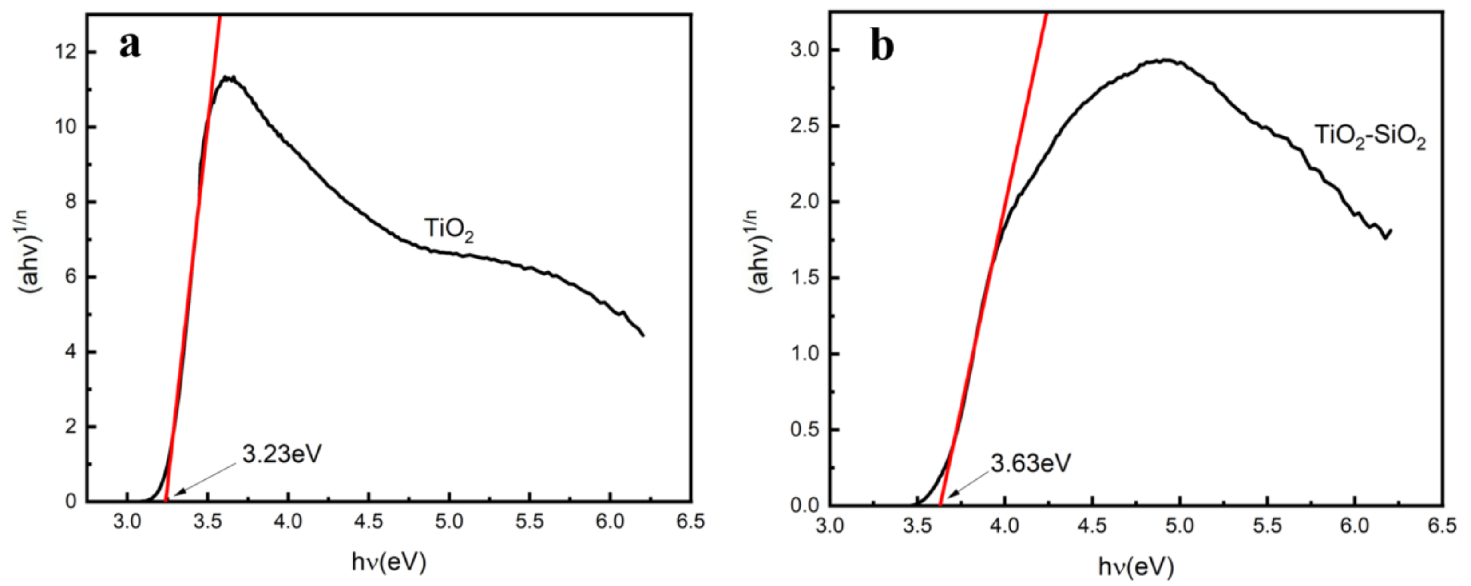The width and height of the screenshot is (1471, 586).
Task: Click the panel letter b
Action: click(882, 46)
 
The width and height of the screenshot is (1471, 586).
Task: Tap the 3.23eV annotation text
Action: click(282, 454)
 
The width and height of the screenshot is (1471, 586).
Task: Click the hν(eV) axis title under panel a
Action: click(389, 562)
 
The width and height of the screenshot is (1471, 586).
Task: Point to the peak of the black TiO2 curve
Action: click(228, 77)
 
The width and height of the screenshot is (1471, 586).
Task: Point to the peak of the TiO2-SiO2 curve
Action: click(1165, 60)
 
